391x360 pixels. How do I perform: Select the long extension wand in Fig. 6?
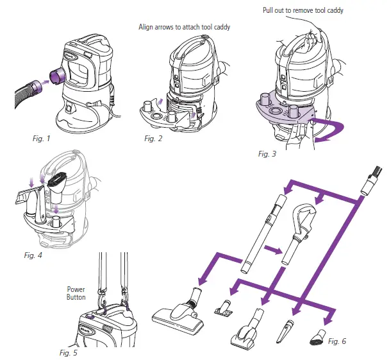(x=263, y=230)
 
